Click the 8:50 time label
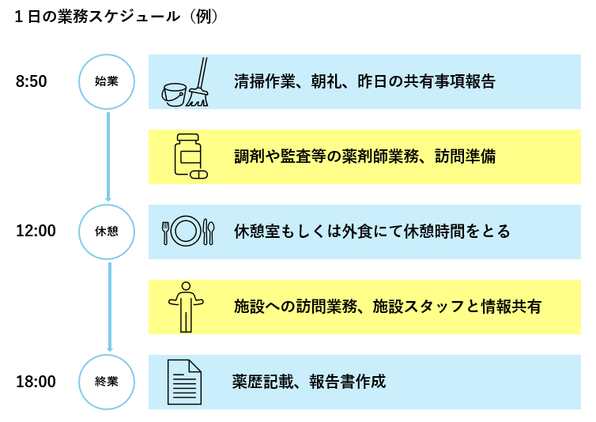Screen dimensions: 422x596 32,81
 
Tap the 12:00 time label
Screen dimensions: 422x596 36,232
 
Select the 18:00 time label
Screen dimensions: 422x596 36,382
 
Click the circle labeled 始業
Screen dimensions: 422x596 107,81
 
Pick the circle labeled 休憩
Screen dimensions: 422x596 107,232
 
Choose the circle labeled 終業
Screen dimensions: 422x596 107,382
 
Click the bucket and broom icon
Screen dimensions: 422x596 186,83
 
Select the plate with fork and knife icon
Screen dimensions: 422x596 187,231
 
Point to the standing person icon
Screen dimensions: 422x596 186,306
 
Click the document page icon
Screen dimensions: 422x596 184,381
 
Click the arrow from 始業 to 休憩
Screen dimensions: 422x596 108,156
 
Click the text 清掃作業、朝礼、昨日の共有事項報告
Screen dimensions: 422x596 364,81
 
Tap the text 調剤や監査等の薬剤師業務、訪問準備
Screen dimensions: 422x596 364,156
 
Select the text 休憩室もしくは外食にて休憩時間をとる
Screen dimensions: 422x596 372,232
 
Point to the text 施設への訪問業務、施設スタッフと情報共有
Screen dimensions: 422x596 387,307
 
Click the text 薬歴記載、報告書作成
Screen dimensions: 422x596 309,382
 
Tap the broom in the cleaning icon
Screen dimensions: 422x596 199,83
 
